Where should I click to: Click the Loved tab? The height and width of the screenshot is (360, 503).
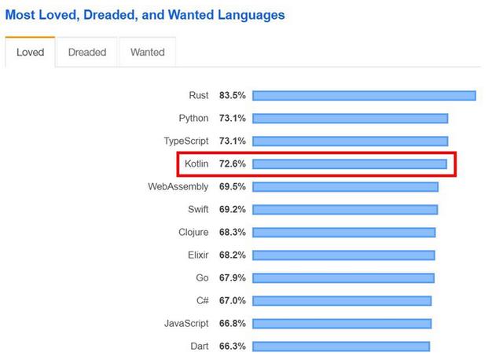point(30,53)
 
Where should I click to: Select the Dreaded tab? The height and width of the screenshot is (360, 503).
point(87,53)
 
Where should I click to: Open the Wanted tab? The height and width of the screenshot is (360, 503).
point(147,53)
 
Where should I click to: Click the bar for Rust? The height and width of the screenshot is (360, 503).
point(364,96)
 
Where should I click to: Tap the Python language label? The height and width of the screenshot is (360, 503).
point(193,119)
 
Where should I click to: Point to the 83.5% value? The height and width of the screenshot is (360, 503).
point(233,96)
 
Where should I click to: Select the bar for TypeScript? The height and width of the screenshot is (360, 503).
point(350,141)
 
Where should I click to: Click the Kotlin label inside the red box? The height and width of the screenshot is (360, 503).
point(196,164)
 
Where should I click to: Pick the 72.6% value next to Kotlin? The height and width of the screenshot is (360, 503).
point(233,164)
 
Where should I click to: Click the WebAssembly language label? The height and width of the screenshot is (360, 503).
point(178,187)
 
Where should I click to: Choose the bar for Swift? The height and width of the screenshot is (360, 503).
point(345,210)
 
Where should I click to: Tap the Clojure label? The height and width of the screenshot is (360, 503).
point(193,233)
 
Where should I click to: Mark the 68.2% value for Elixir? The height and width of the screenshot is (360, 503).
point(233,255)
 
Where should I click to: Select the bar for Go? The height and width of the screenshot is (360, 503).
point(343,278)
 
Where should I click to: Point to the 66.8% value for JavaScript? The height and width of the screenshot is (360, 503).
point(233,323)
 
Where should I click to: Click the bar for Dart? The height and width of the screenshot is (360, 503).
point(341,346)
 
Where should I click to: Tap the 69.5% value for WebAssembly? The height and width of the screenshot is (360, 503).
point(233,187)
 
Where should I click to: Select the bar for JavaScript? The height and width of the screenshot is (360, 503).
point(342,323)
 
